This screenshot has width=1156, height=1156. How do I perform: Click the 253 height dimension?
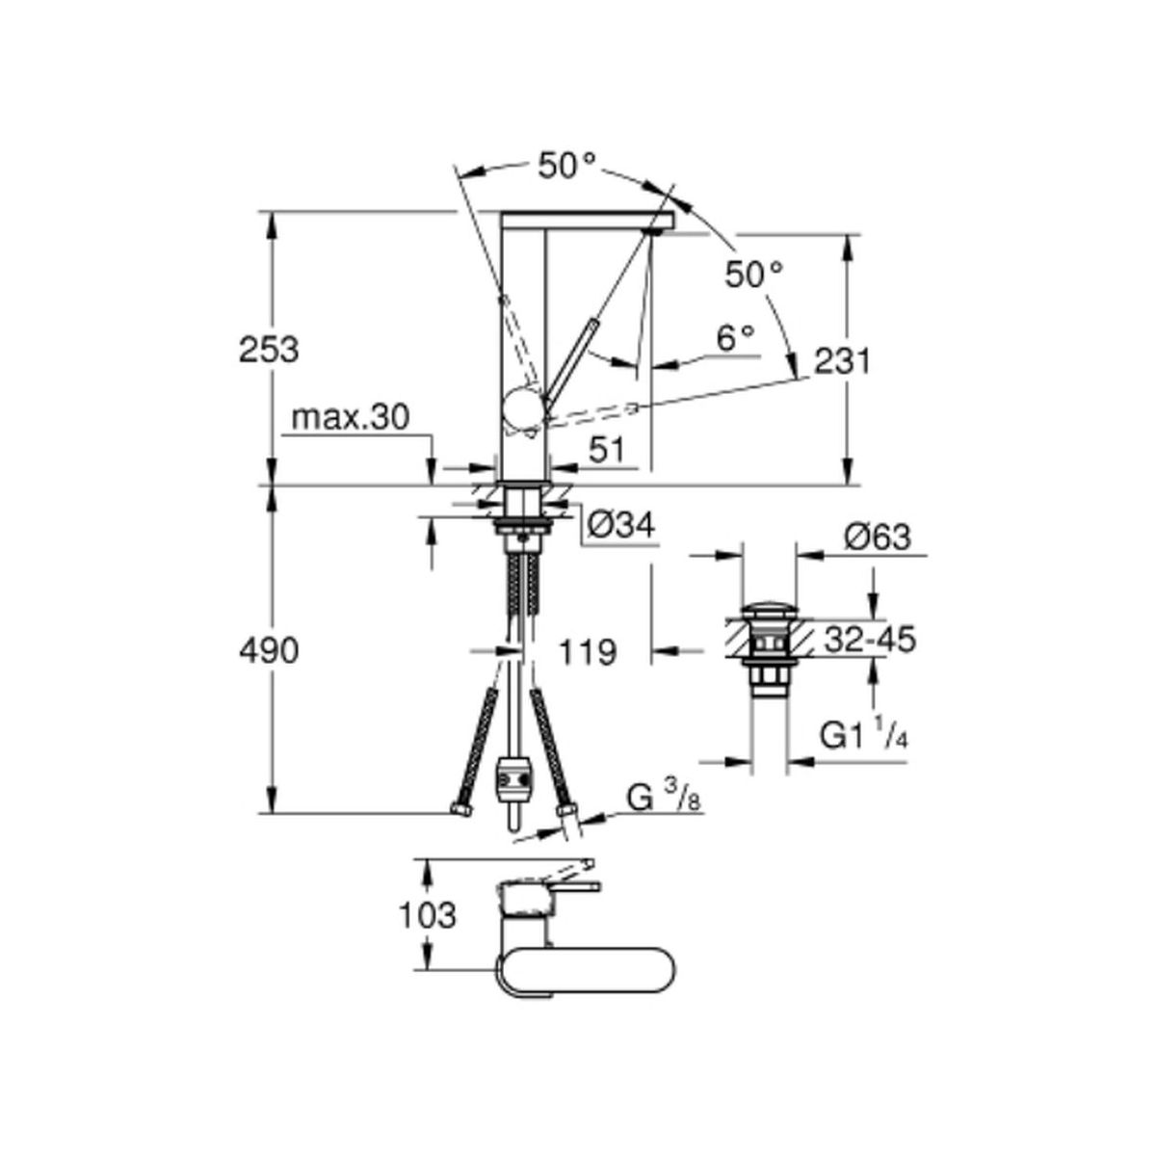point(268,350)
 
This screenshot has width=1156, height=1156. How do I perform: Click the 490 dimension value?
point(268,651)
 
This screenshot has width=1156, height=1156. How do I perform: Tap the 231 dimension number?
point(842,361)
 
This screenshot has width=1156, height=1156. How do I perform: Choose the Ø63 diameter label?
point(877,537)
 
